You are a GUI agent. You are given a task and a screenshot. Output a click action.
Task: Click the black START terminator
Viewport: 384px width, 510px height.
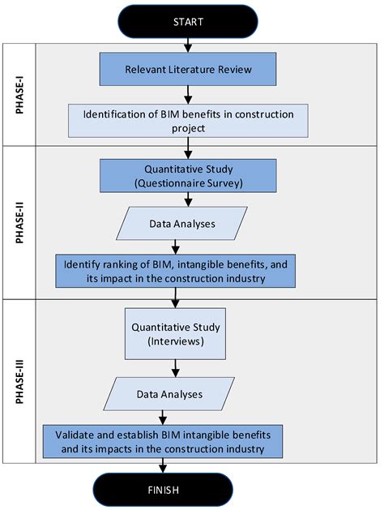[188, 22]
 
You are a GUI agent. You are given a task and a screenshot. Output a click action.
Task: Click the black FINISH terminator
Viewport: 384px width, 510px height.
[163, 490]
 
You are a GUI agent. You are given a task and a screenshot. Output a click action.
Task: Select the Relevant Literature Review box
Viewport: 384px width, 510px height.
[188, 70]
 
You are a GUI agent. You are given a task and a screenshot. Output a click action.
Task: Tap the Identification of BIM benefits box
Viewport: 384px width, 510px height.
[188, 120]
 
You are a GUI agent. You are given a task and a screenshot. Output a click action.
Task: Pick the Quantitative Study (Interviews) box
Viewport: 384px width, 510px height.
[175, 332]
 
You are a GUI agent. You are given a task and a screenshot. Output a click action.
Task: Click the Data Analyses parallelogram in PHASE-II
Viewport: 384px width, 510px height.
[181, 224]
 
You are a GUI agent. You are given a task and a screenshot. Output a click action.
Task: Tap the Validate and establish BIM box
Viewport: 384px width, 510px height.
[163, 440]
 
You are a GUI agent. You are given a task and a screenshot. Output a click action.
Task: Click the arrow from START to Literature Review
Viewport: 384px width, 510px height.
[188, 45]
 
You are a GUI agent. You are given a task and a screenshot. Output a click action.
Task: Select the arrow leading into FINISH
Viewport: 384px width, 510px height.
[163, 465]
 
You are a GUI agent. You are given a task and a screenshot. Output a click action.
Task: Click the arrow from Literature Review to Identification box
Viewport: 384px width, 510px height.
[188, 95]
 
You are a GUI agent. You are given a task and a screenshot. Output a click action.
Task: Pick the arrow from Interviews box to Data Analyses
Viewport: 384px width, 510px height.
[175, 368]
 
